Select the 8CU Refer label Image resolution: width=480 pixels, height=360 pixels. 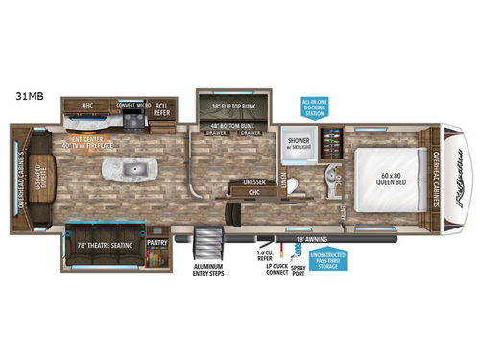click(x=166, y=111)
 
